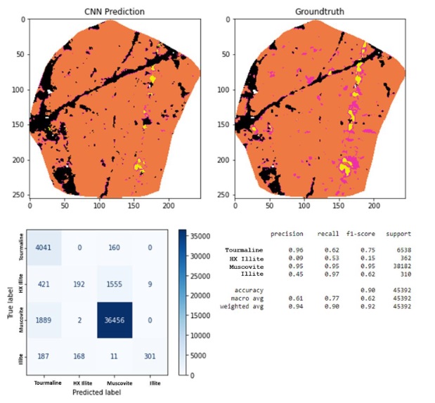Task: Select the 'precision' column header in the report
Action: coord(287,234)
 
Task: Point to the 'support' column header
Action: coord(398,234)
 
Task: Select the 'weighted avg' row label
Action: coord(242,307)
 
